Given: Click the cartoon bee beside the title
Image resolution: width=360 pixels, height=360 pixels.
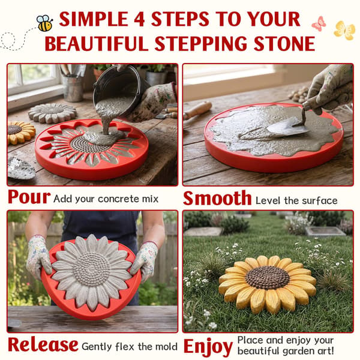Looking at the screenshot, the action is click(x=44, y=23).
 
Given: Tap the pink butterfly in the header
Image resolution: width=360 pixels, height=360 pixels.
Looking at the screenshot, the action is click(x=319, y=23).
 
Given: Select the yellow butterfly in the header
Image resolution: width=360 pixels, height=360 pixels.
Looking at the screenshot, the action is click(x=344, y=31).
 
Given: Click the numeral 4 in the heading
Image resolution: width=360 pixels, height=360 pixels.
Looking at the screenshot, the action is click(x=139, y=20).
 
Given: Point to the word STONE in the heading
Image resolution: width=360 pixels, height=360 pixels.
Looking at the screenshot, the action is click(x=284, y=44).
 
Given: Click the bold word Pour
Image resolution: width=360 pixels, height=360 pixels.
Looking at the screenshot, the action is click(x=29, y=197).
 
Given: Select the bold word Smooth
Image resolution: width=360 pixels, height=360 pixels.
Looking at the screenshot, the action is click(x=217, y=198).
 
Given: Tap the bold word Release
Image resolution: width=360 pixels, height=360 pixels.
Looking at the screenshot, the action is click(x=43, y=344).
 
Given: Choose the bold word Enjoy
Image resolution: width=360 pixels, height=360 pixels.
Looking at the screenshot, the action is click(x=208, y=347).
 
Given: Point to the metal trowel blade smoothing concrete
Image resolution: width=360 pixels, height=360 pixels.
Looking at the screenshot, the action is click(x=288, y=127).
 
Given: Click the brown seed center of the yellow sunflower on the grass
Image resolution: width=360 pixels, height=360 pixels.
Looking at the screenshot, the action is click(x=267, y=277).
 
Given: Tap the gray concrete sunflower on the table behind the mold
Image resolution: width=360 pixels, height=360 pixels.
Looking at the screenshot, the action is click(x=53, y=113).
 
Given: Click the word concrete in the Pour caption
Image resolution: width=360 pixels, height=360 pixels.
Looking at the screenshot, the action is click(x=118, y=199).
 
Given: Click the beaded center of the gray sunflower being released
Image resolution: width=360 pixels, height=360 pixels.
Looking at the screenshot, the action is click(x=91, y=269).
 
